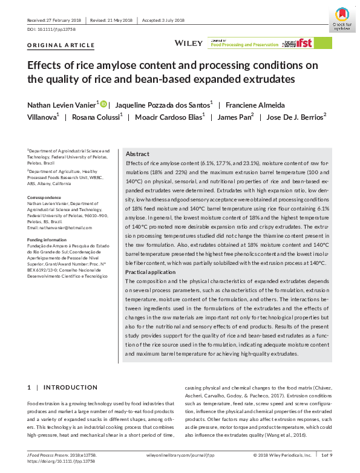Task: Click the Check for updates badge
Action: click(341, 19)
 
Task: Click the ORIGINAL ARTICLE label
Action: click(61, 45)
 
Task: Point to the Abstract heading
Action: click(137, 154)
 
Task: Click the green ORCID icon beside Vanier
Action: click(103, 104)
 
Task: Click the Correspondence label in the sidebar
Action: click(44, 198)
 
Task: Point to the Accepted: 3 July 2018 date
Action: click(163, 19)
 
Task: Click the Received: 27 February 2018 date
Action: click(54, 19)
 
